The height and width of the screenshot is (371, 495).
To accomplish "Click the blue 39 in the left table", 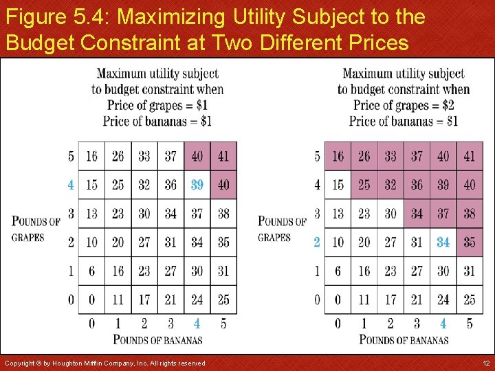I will (x=197, y=185).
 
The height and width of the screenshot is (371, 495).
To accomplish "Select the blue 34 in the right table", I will (x=443, y=242).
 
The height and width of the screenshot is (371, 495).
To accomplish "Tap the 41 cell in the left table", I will (x=223, y=157).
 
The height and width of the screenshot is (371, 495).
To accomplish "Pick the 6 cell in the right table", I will (x=338, y=271).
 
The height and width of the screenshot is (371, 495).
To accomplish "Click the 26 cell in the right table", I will (x=364, y=157).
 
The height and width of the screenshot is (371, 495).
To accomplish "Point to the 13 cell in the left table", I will (x=91, y=214).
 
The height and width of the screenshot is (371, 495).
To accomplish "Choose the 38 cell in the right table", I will (x=470, y=214).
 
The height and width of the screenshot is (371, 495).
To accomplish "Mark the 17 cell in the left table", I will (x=144, y=300).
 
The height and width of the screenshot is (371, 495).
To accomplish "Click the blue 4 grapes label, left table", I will (x=71, y=185).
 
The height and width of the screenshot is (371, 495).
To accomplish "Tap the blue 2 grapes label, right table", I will (x=317, y=242).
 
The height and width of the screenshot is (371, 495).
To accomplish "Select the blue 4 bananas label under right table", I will (x=443, y=323).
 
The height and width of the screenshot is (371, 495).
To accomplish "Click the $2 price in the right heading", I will (x=448, y=105).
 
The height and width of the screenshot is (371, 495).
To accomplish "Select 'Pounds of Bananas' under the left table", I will (x=157, y=339).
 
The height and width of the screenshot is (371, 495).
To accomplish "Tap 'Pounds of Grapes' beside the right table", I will (x=282, y=229).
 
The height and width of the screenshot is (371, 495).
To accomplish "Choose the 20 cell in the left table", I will (x=118, y=242).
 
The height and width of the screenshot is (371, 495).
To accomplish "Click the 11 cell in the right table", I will (x=364, y=300).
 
